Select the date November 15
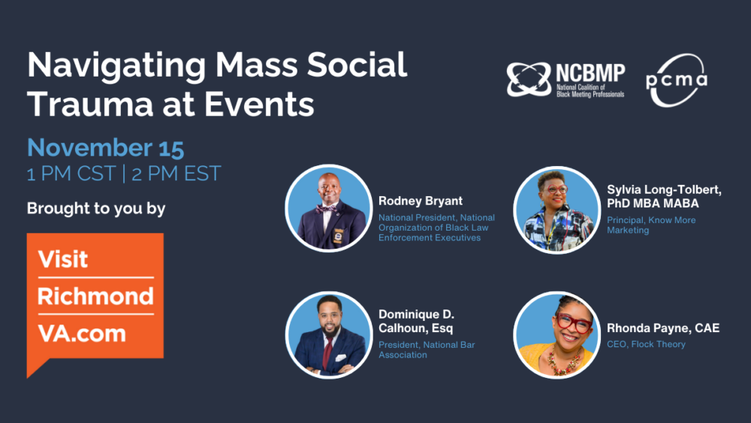(106, 147)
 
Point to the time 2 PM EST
(176, 174)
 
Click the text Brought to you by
(96, 208)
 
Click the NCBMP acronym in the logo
(590, 73)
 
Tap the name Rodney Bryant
(421, 201)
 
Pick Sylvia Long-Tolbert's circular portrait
(556, 210)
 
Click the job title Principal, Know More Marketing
(651, 225)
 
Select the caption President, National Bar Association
(427, 350)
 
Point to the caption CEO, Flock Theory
(646, 345)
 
